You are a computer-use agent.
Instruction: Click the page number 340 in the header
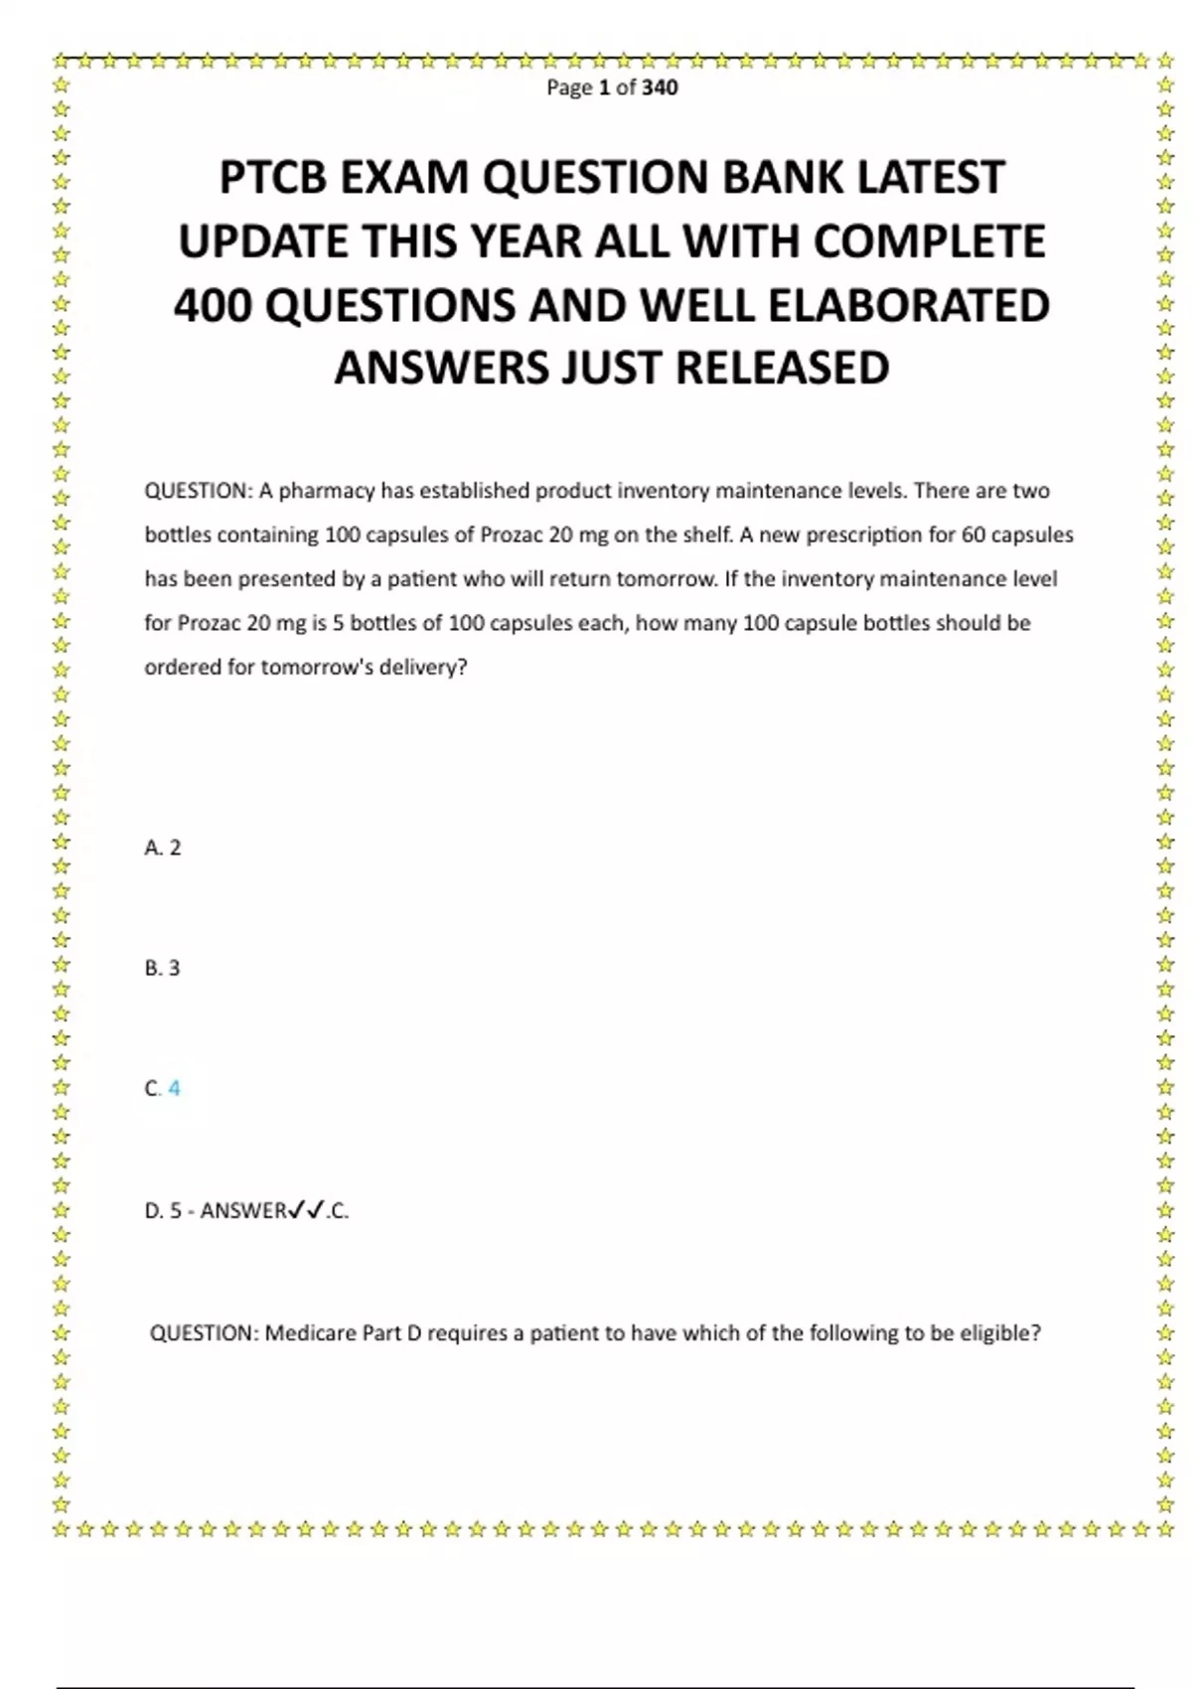660,87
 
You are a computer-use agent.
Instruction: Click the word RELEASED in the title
783,369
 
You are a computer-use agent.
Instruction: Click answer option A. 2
163,847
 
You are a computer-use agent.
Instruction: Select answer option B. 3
163,968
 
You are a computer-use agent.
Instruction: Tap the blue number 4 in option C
175,1088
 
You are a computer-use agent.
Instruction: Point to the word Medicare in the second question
311,1333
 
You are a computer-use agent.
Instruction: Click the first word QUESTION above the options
199,491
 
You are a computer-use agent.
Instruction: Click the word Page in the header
569,87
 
